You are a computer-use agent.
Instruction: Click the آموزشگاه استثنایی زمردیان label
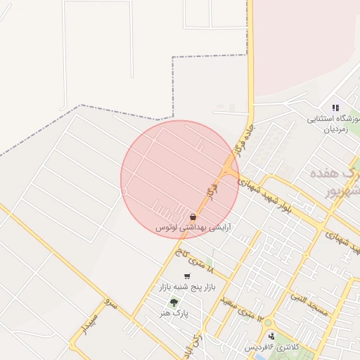(333, 124)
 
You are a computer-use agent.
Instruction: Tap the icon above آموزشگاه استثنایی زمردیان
(335, 108)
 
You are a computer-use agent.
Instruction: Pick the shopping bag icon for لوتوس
(193, 217)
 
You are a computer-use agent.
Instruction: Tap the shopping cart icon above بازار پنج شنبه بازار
(186, 276)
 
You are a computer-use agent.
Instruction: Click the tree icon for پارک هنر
(172, 303)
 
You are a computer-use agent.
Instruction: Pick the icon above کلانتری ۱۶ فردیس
(271, 336)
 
